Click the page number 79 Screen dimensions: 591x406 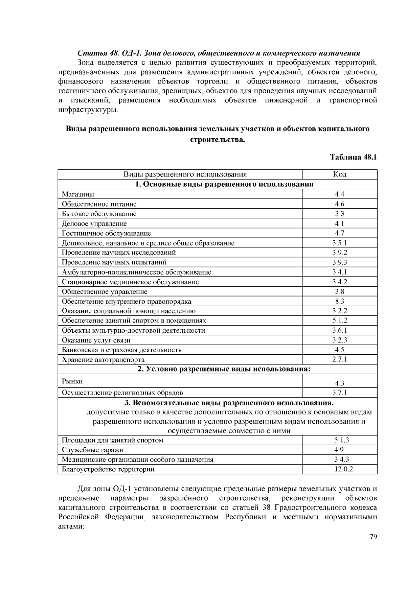pyautogui.click(x=373, y=537)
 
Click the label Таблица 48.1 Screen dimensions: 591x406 pyautogui.click(x=353, y=157)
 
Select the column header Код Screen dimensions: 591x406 pyautogui.click(x=340, y=174)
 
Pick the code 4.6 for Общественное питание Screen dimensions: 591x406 pyautogui.click(x=340, y=204)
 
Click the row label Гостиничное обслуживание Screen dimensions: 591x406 pyautogui.click(x=106, y=233)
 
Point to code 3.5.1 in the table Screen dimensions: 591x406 pyautogui.click(x=340, y=243)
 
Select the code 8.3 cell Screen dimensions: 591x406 pyautogui.click(x=340, y=301)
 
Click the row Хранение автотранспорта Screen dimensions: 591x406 pyautogui.click(x=103, y=360)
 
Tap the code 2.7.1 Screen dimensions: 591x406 pyautogui.click(x=340, y=359)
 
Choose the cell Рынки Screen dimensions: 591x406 pyautogui.click(x=72, y=381)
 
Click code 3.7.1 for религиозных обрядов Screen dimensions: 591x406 pyautogui.click(x=340, y=393)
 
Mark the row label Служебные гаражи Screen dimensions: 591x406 pyautogui.click(x=93, y=450)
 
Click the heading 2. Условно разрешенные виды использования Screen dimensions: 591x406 pyautogui.click(x=224, y=369)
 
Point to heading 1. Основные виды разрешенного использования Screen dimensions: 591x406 pyautogui.click(x=224, y=184)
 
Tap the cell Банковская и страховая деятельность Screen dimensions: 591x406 pyautogui.click(x=121, y=350)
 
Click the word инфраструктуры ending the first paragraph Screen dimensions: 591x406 pyautogui.click(x=88, y=110)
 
